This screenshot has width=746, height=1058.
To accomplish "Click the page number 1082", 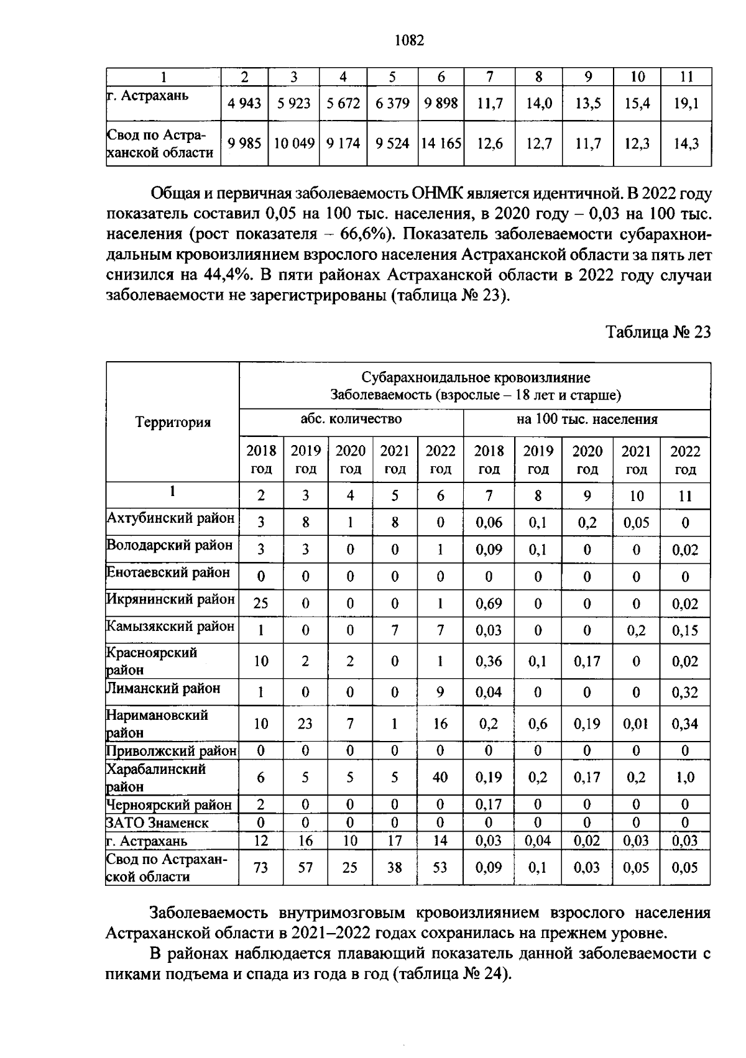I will pyautogui.click(x=408, y=41).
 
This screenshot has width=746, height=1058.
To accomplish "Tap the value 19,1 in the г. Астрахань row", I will pyautogui.click(x=686, y=104).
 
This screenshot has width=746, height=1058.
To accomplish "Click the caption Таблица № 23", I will pyautogui.click(x=658, y=332).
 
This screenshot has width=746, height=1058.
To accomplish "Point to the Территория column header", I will pyautogui.click(x=173, y=423).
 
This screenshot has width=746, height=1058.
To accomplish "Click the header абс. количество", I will pyautogui.click(x=351, y=419).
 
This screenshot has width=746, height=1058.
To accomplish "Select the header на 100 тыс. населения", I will pyautogui.click(x=587, y=419).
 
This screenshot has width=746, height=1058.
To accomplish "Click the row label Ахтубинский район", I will pyautogui.click(x=171, y=518).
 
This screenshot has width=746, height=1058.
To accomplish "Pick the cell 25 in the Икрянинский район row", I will pyautogui.click(x=261, y=604).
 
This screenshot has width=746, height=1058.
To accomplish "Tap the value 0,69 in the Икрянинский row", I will pyautogui.click(x=489, y=604).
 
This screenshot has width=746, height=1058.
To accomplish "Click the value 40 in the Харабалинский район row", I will pyautogui.click(x=440, y=778).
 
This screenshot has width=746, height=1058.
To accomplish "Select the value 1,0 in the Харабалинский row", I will pyautogui.click(x=685, y=778).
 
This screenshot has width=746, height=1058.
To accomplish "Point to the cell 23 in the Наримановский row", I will pyautogui.click(x=305, y=724).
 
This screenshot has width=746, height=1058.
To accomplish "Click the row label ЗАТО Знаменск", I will pyautogui.click(x=158, y=823).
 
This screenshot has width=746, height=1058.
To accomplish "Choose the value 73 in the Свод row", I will pyautogui.click(x=261, y=867).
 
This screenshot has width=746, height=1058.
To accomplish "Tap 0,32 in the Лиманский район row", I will pyautogui.click(x=685, y=692).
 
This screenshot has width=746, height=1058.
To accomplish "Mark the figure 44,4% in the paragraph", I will pyautogui.click(x=226, y=275).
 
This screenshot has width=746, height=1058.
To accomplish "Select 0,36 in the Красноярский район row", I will pyautogui.click(x=489, y=661).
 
